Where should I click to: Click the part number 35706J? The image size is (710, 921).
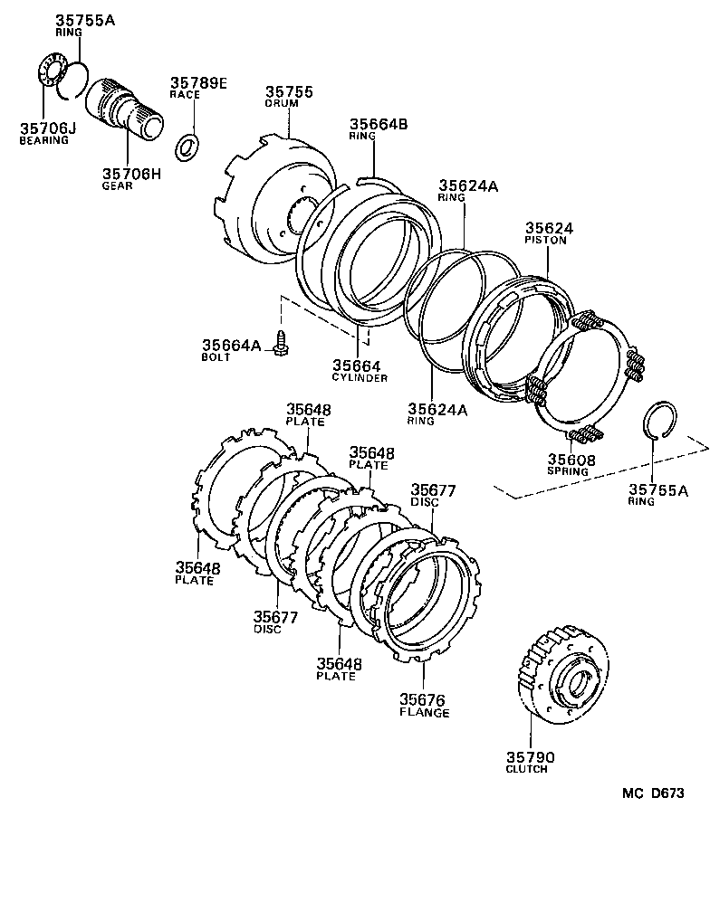[47, 128]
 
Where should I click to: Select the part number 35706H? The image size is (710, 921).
[130, 174]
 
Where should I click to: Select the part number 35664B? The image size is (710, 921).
[379, 124]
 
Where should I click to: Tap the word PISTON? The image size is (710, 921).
[547, 241]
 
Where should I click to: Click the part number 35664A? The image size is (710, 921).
[231, 345]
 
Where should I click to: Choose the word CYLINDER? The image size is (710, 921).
[360, 377]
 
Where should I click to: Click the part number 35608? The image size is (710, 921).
[571, 460]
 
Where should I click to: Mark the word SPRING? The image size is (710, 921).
[567, 471]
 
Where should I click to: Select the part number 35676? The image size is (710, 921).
[424, 698]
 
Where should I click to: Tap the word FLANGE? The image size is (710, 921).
[424, 712]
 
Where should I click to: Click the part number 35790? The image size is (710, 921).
[530, 756]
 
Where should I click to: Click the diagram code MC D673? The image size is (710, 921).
[652, 793]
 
